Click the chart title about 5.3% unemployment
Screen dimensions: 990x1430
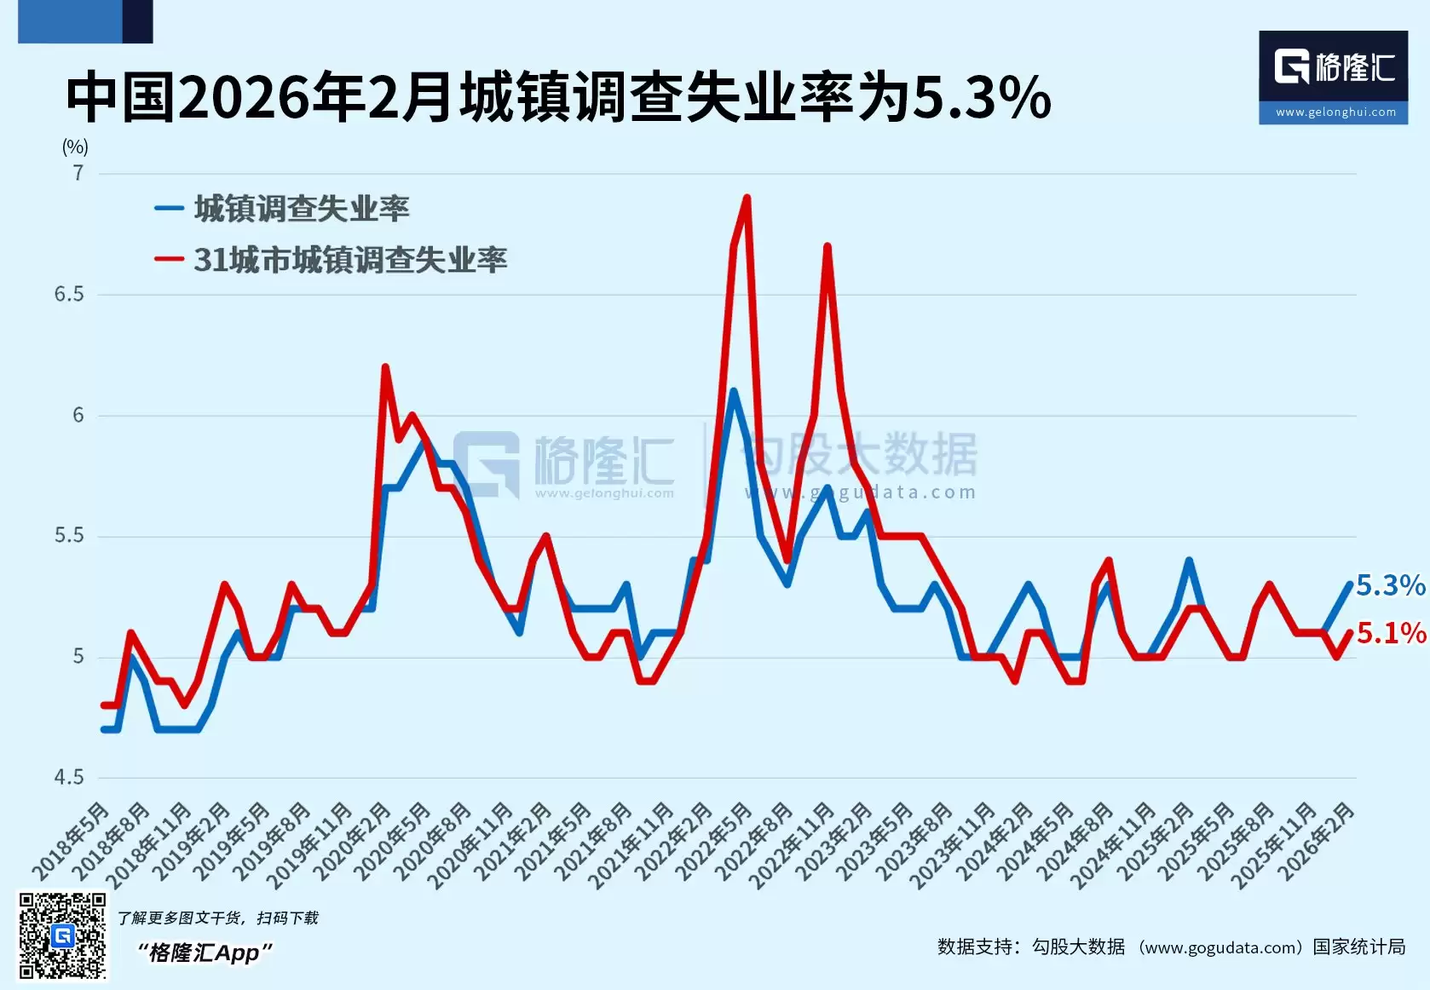click(558, 97)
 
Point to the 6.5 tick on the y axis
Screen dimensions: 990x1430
click(69, 295)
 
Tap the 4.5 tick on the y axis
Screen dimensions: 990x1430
click(69, 777)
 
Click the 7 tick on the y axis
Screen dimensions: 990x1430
click(78, 174)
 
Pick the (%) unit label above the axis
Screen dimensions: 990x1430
click(75, 147)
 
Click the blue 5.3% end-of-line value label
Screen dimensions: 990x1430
click(1390, 585)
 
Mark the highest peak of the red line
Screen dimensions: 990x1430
click(747, 198)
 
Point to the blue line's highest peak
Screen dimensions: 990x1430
click(733, 391)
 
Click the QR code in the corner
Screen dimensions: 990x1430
click(62, 935)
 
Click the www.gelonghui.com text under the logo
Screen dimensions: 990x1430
click(1335, 112)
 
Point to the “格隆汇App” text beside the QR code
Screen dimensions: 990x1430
click(205, 953)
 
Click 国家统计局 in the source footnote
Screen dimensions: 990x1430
click(1358, 947)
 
